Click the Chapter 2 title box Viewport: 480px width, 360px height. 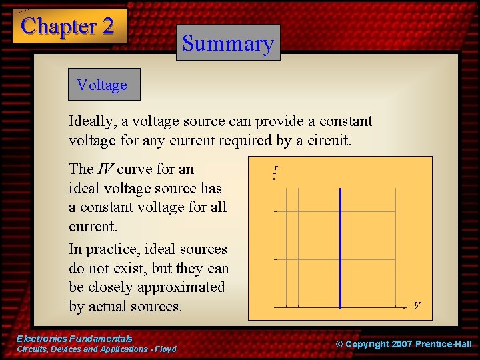[x=69, y=27]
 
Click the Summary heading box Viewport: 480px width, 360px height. [x=228, y=43]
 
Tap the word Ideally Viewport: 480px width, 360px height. [x=91, y=122]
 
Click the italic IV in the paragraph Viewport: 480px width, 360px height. [x=105, y=169]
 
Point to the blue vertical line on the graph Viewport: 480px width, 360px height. [x=340, y=247]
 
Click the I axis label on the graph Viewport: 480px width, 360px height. [x=275, y=171]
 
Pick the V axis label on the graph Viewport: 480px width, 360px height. [x=416, y=306]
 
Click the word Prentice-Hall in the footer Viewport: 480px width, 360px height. [x=443, y=344]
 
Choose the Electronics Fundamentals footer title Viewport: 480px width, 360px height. [x=74, y=339]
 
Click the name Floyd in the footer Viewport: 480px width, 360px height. [x=165, y=349]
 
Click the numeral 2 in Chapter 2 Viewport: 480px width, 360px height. [x=107, y=27]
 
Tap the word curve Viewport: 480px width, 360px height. [x=135, y=169]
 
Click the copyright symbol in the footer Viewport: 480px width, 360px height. [x=339, y=344]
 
